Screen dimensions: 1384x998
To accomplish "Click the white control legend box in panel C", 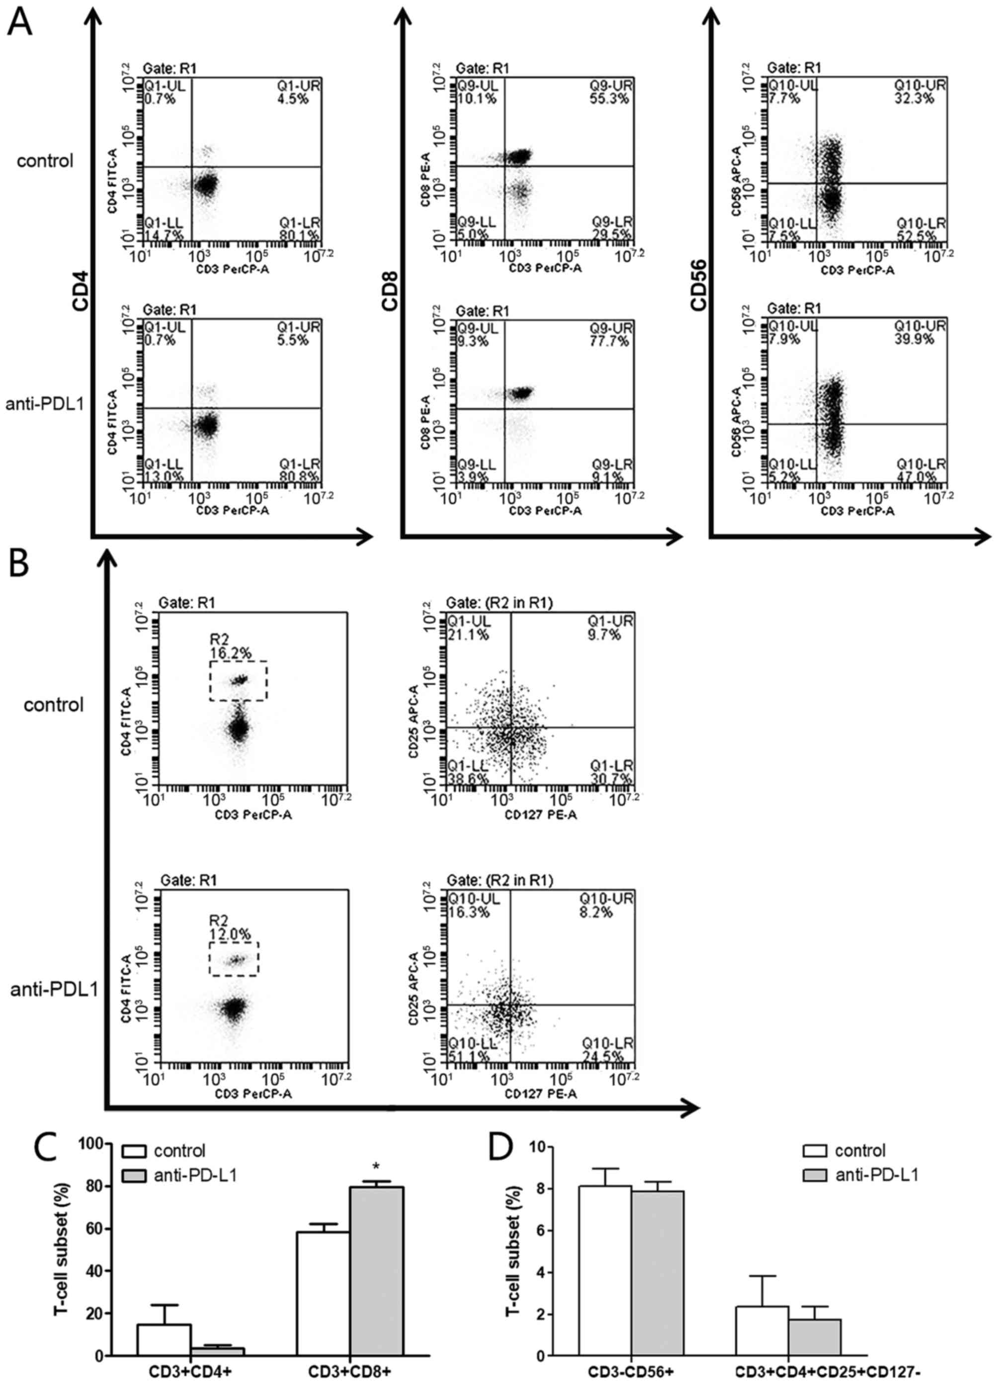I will [135, 1151].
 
